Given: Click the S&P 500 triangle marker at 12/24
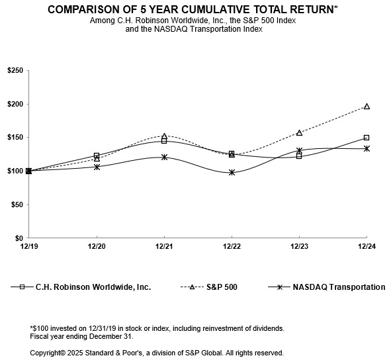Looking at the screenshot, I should [x=367, y=106].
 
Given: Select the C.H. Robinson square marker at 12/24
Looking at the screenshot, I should [x=367, y=138].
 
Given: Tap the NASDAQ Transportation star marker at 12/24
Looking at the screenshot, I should [x=367, y=148].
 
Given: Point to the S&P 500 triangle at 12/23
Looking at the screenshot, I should [x=299, y=132].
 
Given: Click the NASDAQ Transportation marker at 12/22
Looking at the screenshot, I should [x=232, y=172].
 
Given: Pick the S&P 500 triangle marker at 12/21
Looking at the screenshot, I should [x=164, y=136].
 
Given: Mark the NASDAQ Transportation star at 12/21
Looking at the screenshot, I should [x=164, y=157].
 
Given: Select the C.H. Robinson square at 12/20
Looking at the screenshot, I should [x=97, y=156].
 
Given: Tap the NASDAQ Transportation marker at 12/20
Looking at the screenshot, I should [x=97, y=167].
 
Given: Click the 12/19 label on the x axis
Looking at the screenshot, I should [x=29, y=246].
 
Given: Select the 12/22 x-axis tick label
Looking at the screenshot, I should [x=232, y=246].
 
